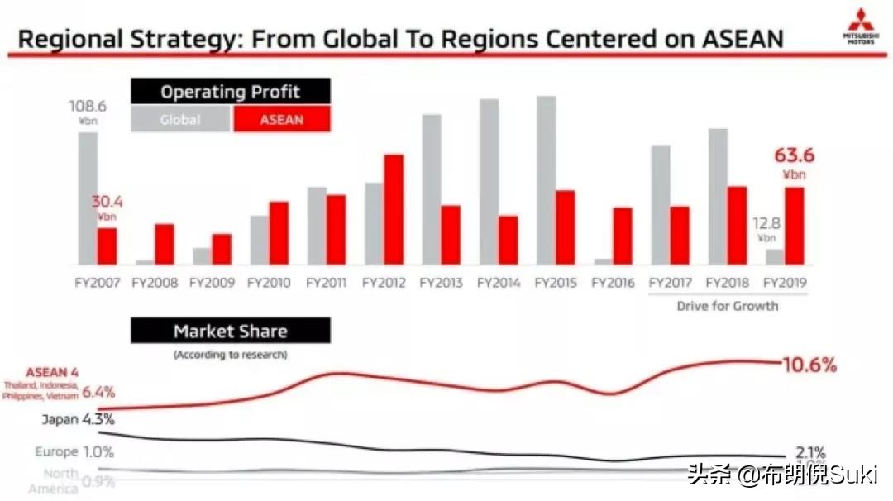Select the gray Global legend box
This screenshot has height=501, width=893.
180,119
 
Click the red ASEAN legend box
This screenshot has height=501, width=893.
281,119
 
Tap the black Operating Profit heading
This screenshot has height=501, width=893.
230,92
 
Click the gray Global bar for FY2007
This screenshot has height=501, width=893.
88,198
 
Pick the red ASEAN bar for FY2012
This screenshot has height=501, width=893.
394,209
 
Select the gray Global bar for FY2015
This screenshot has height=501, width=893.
546,180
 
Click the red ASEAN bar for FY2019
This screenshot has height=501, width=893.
794,226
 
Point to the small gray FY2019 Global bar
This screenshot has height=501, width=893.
775,256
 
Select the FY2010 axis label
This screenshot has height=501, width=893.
269,283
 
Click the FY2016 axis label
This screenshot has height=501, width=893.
613,283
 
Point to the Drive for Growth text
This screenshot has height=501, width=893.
727,306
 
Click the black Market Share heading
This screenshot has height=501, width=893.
230,332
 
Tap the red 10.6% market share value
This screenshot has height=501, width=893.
809,365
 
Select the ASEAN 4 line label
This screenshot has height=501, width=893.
51,373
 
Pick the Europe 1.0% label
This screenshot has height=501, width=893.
74,452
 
